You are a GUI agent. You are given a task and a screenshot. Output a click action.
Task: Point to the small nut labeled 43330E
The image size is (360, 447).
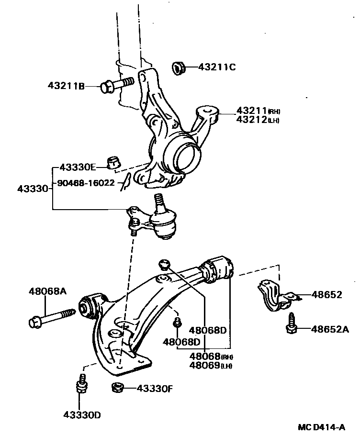113,163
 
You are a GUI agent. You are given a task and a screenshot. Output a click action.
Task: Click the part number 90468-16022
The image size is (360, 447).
86,182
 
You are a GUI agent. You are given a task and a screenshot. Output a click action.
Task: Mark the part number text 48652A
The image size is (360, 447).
330,329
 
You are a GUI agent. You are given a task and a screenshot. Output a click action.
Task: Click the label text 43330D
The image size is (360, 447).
82,414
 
